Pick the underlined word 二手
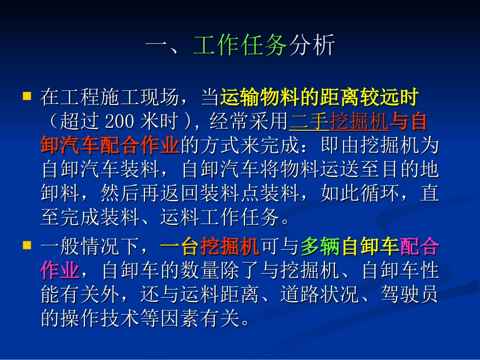click(x=309, y=122)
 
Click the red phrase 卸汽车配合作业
click(x=110, y=145)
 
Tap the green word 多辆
click(x=320, y=247)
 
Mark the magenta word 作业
click(x=60, y=271)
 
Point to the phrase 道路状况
click(x=319, y=295)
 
